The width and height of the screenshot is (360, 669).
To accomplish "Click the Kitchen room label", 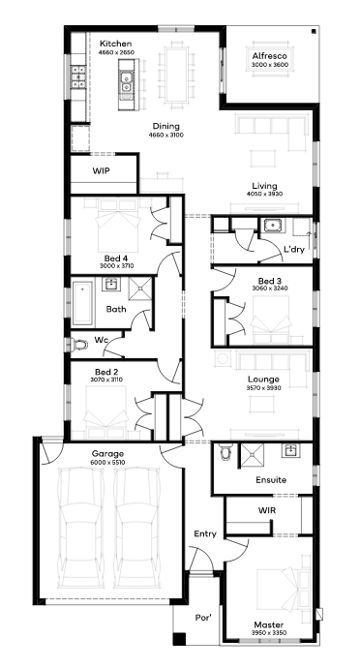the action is [x=115, y=44].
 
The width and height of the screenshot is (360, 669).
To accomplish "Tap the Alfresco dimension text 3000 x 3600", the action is [x=269, y=65].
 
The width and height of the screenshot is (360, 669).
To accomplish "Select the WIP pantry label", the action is [x=101, y=171].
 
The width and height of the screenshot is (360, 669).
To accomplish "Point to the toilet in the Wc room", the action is [x=77, y=345].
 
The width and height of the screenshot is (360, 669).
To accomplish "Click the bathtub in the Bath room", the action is [x=83, y=302].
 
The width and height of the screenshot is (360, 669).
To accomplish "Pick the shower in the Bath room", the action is [x=140, y=289].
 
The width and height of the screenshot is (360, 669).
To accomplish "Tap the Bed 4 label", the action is [x=116, y=258].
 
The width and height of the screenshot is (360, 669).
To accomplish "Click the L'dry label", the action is [x=294, y=250].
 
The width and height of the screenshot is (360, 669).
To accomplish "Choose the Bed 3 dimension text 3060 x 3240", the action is [x=270, y=288].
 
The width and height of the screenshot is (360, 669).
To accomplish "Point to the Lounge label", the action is [x=263, y=379].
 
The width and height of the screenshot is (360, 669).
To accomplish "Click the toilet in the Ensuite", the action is [x=226, y=451].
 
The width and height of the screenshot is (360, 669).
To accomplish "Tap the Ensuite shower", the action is [x=252, y=455].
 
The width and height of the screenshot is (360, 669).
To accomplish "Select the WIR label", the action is [x=265, y=510].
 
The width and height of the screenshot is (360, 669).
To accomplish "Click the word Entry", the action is [x=205, y=533].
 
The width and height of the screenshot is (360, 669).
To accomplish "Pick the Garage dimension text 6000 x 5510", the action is [x=107, y=462].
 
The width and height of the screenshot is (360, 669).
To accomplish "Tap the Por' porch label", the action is [x=203, y=618].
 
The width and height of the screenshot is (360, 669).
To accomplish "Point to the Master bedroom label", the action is [x=269, y=624].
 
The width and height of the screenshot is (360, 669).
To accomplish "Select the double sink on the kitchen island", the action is [x=126, y=82].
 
